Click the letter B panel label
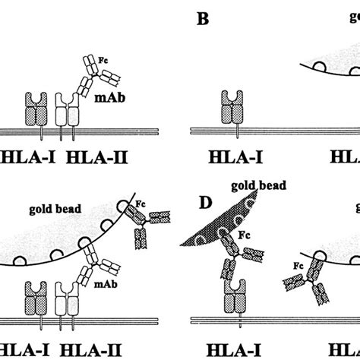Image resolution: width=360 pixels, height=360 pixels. coord(203,18)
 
